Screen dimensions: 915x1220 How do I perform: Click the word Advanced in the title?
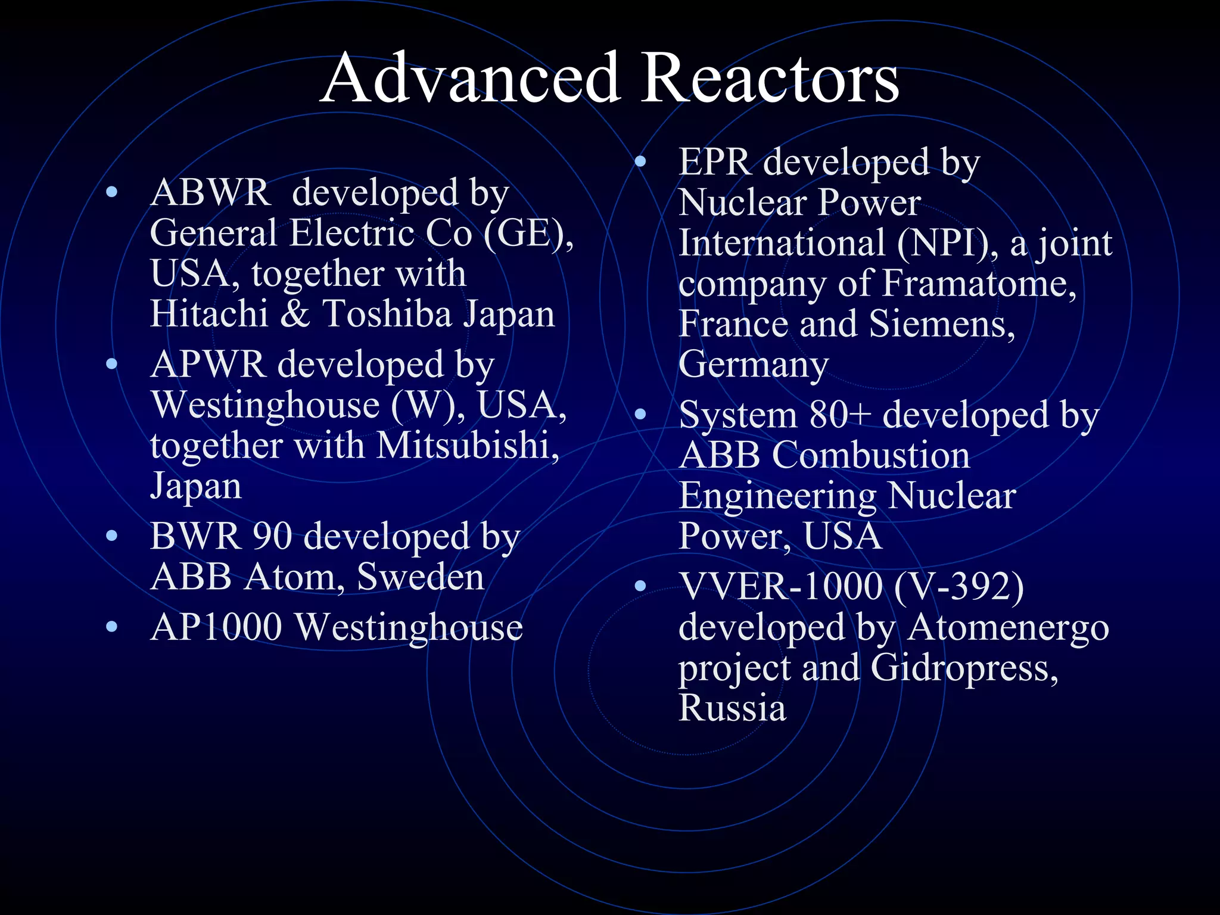point(471,79)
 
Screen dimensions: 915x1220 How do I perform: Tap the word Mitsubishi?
point(468,446)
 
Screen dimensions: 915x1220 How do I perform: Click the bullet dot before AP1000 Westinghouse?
point(111,627)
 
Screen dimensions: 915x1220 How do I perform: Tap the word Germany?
point(754,365)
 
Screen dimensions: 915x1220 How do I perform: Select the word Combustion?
point(871,455)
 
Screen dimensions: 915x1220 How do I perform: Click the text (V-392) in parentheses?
point(959,586)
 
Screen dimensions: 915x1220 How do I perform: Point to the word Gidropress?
point(964,668)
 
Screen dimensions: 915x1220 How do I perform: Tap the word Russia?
point(732,708)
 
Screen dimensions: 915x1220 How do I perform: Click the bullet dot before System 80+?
point(640,414)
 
